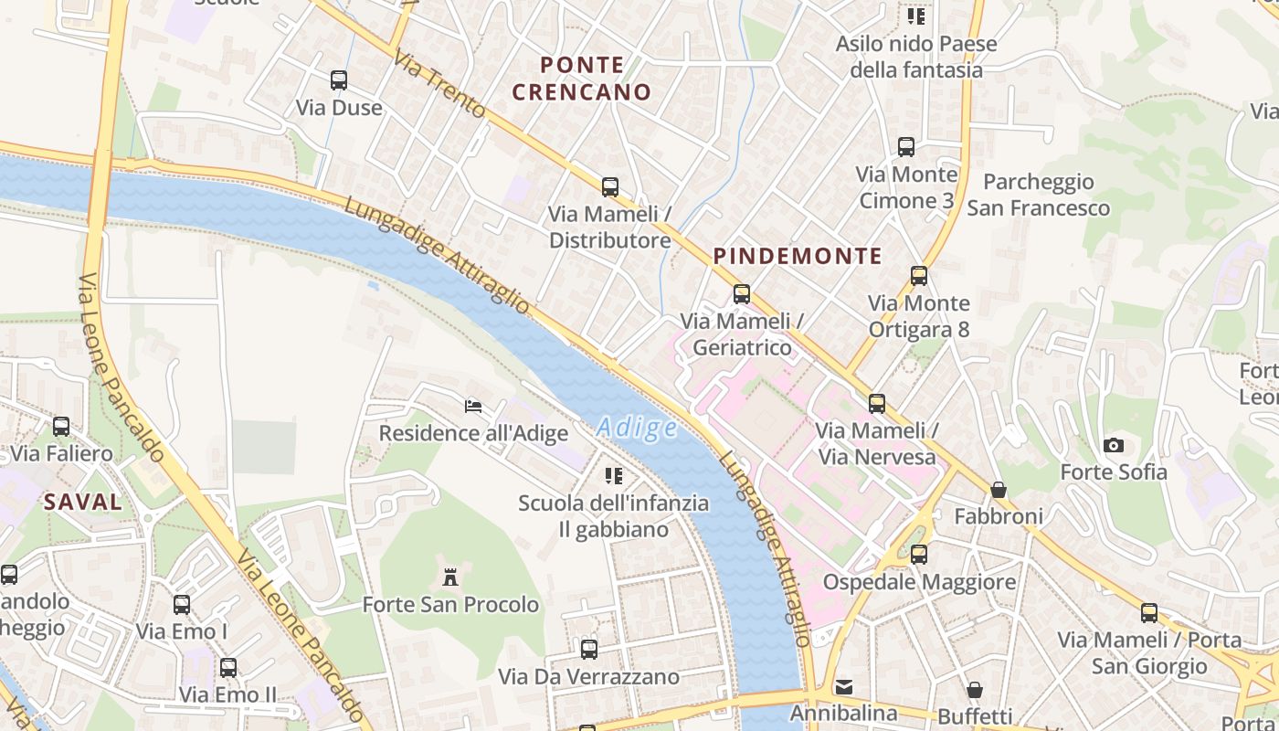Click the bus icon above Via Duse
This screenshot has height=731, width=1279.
tap(339, 80)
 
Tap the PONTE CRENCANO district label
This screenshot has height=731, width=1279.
tap(582, 79)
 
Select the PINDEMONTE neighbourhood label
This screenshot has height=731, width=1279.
tap(798, 256)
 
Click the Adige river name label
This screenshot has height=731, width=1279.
tap(637, 428)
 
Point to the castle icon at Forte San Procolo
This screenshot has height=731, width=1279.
tap(449, 577)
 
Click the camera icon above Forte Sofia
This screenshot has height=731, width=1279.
tap(1113, 445)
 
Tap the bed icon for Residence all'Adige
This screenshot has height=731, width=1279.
tap(473, 406)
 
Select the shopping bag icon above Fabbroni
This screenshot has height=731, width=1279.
tap(999, 490)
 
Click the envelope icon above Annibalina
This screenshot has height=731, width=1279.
tap(844, 686)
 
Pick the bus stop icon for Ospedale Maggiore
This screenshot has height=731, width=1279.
tap(919, 555)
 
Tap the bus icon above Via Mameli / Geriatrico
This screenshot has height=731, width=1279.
tap(742, 294)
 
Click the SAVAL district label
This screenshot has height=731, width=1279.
tap(83, 502)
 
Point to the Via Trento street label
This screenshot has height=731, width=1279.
tap(439, 84)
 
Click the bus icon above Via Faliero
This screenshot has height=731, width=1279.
tap(61, 427)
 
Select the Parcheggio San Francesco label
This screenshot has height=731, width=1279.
tap(1039, 195)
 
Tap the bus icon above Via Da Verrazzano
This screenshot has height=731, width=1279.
tap(589, 650)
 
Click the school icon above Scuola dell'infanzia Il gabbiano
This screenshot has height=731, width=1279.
tap(614, 475)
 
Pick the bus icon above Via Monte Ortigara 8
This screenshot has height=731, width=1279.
tap(919, 276)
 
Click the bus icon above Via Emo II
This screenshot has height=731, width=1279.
tap(227, 668)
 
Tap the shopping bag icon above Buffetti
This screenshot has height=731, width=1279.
tap(975, 689)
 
